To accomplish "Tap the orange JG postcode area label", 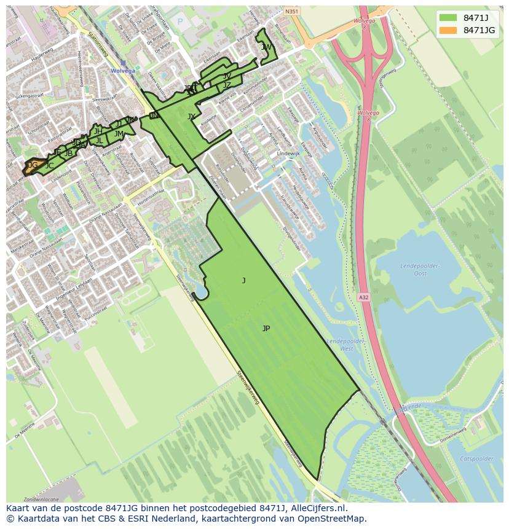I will click(33, 165).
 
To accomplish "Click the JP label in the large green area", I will click(266, 329).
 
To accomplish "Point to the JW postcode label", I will click(266, 47).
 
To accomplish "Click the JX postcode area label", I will click(191, 117).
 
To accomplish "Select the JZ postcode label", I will click(227, 85).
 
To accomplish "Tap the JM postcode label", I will click(119, 134).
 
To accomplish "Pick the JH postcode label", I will click(98, 131).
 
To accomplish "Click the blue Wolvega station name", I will click(122, 71).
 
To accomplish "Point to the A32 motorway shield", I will click(363, 297).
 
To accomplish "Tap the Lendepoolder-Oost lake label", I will click(419, 269).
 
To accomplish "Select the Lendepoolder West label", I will click(340, 345).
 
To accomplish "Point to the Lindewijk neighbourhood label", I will click(287, 153).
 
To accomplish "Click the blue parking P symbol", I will click(180, 21).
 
